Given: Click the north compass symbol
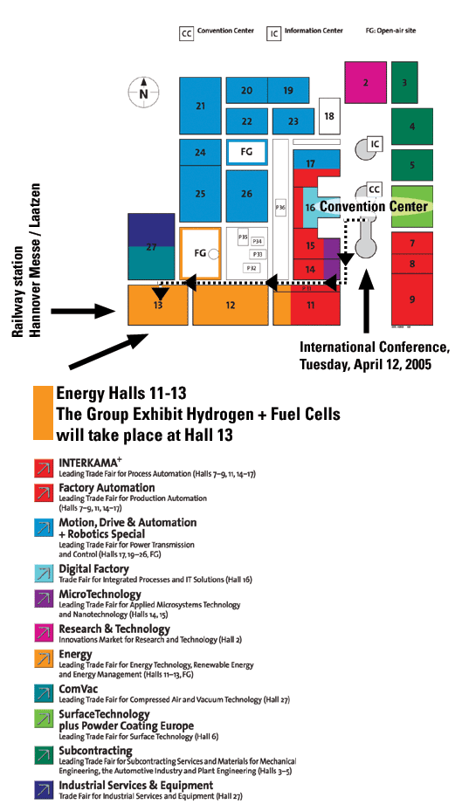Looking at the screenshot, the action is [143, 92].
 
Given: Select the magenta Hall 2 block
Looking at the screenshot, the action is [366, 82].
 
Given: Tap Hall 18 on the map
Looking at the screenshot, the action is [329, 116].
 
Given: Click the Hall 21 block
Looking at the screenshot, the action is [200, 106].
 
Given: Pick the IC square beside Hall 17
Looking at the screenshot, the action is [375, 144].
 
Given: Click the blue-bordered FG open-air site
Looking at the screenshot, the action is [247, 152].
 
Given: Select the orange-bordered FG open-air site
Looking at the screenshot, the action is [200, 253].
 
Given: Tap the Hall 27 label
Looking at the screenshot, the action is [151, 247].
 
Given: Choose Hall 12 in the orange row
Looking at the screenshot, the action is [231, 305].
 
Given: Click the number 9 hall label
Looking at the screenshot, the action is [412, 299].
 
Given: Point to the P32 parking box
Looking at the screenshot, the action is [251, 267].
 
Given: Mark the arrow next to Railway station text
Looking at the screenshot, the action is [83, 311].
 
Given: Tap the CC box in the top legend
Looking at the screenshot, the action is [186, 34].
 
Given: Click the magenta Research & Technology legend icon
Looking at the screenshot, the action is [44, 634].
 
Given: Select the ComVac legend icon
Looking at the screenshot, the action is [44, 694].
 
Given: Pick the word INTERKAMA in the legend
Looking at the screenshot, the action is [83, 463].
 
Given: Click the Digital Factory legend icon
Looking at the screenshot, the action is [44, 574].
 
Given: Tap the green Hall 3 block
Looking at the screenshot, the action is [404, 82].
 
